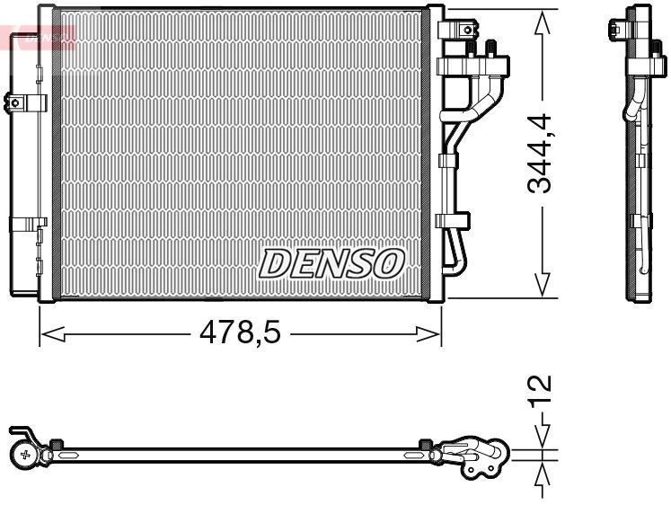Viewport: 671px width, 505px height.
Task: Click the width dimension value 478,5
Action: pos(240,334)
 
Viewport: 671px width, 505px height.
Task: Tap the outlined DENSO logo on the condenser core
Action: pos(331,262)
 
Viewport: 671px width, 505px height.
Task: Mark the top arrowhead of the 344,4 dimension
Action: pos(542,25)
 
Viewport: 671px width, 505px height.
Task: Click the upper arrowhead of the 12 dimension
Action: pos(542,439)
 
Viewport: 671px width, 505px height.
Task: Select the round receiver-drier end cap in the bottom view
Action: pos(25,455)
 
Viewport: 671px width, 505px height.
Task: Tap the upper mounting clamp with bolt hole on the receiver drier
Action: pos(23,102)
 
